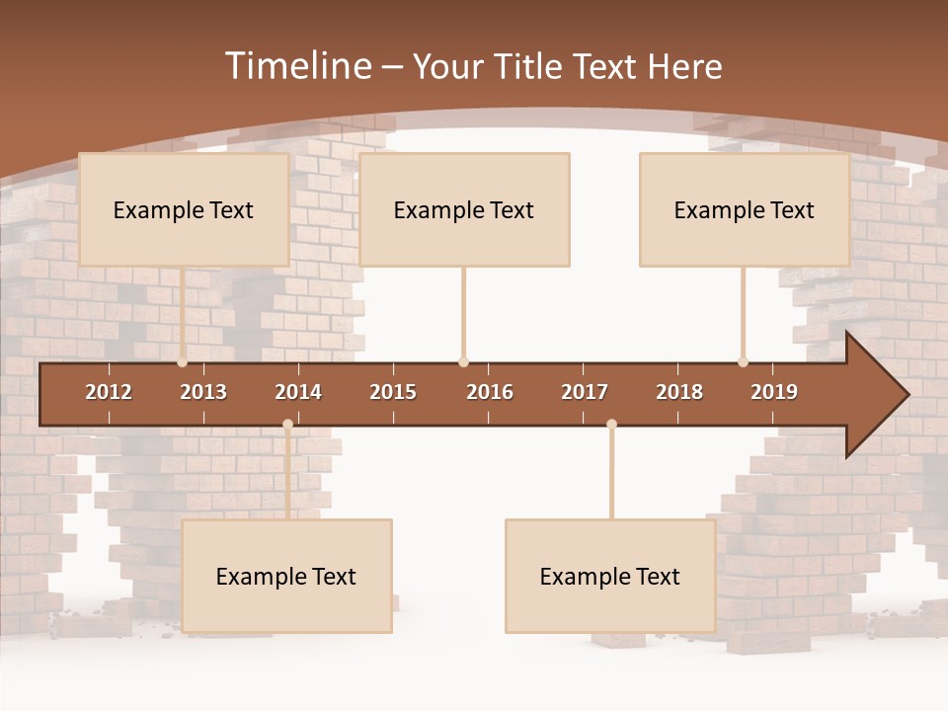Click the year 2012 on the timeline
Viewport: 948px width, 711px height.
(x=109, y=392)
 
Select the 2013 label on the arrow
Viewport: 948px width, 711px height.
(x=203, y=392)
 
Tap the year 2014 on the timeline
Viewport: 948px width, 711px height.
(x=298, y=392)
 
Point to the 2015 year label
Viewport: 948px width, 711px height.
(x=393, y=392)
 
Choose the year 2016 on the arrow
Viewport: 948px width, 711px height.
(x=490, y=392)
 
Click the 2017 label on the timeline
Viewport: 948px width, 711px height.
(x=585, y=392)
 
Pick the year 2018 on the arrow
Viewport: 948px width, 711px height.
(x=679, y=392)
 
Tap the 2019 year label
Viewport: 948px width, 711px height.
(x=774, y=392)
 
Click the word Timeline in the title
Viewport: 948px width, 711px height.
(x=297, y=66)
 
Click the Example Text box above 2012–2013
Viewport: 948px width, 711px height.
(x=184, y=209)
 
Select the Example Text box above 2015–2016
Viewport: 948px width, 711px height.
(x=464, y=209)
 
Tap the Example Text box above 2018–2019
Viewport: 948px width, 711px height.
(x=745, y=209)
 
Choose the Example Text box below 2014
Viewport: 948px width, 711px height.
(x=286, y=576)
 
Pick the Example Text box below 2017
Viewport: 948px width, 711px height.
(x=610, y=576)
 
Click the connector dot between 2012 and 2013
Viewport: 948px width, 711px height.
(x=183, y=362)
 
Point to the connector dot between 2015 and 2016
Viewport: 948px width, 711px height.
(x=463, y=362)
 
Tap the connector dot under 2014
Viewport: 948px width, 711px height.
(x=287, y=424)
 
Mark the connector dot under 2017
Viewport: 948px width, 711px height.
(x=611, y=424)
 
